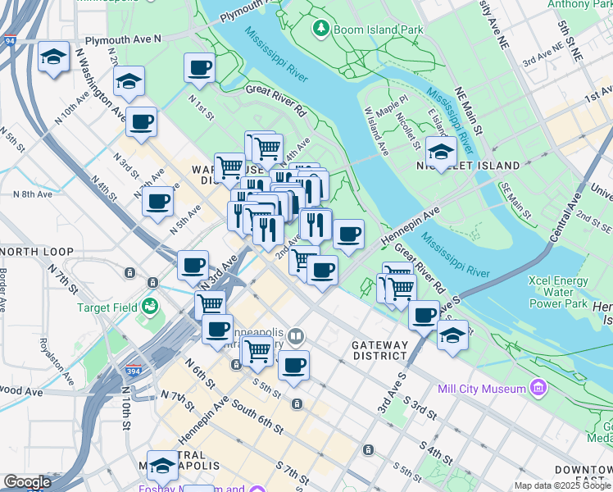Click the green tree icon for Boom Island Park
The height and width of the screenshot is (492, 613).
point(321,29)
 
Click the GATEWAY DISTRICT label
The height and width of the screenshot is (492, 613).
point(379,350)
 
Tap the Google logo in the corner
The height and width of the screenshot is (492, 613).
point(27,482)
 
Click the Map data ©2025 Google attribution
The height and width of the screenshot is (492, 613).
point(563,485)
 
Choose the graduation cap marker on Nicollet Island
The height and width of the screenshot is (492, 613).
point(441,152)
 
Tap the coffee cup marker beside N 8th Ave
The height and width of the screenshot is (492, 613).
point(157,201)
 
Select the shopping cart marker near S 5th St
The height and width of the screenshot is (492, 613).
point(258,350)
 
